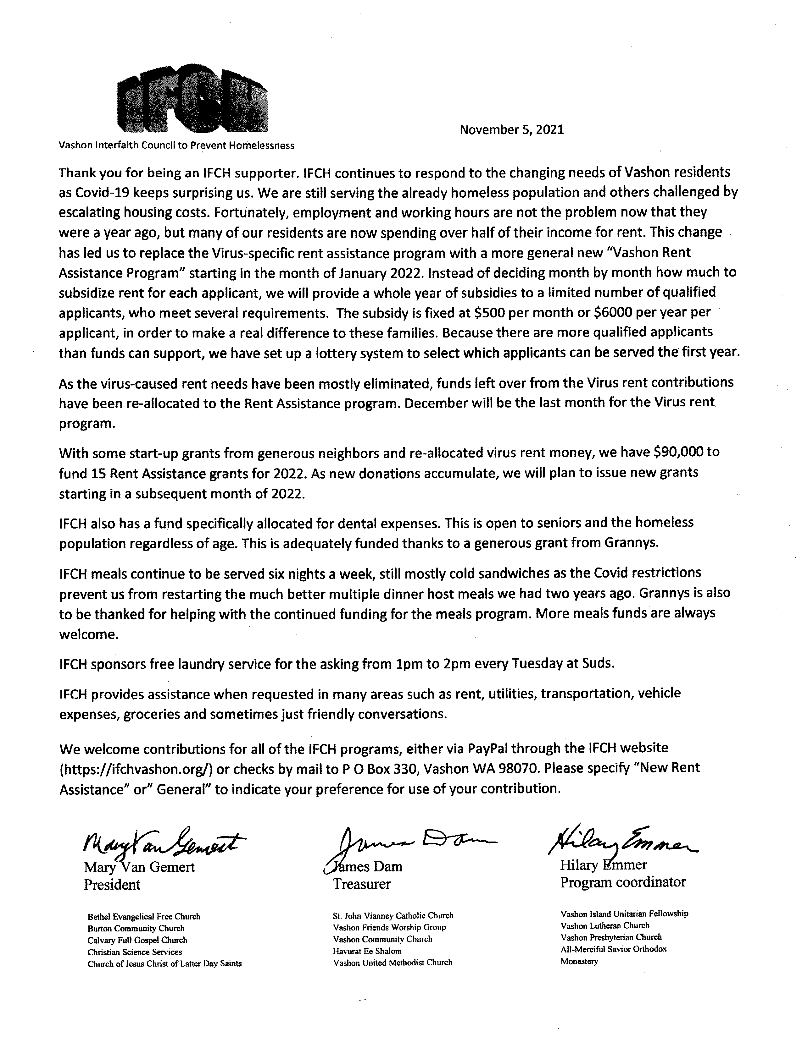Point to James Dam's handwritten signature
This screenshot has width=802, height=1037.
(x=409, y=842)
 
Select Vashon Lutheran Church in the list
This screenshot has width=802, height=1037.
(x=604, y=925)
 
